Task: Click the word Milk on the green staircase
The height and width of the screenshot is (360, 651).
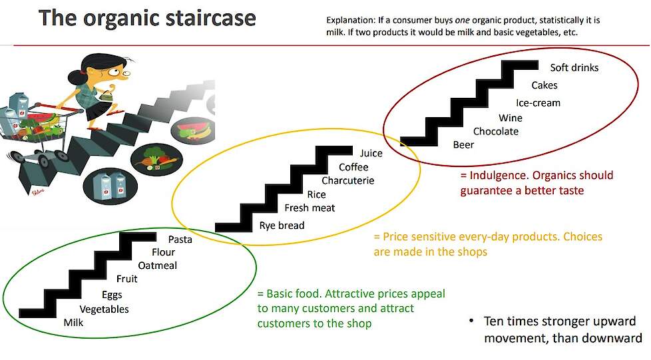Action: coord(73,322)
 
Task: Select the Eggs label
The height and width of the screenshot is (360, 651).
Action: coord(112,295)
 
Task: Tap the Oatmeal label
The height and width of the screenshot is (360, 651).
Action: coord(157,266)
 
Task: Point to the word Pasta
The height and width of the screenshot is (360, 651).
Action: coord(180,239)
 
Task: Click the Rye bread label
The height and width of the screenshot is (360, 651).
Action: coord(282,226)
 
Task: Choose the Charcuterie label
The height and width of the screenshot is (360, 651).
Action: coord(348,180)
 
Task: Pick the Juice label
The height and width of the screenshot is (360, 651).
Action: coord(371,153)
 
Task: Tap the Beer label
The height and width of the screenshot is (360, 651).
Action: coord(463,144)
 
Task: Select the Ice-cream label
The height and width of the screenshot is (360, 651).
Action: coord(538,102)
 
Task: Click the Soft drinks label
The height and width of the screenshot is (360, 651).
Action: coord(574,67)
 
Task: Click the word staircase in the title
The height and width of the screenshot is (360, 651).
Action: coord(210,19)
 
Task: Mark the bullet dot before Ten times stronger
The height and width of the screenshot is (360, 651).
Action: coord(471,321)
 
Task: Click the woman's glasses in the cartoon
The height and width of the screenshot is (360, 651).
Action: coord(120,73)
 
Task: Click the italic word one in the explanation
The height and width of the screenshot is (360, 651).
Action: coord(463,21)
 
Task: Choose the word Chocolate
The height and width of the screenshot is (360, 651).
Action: coord(496,131)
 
